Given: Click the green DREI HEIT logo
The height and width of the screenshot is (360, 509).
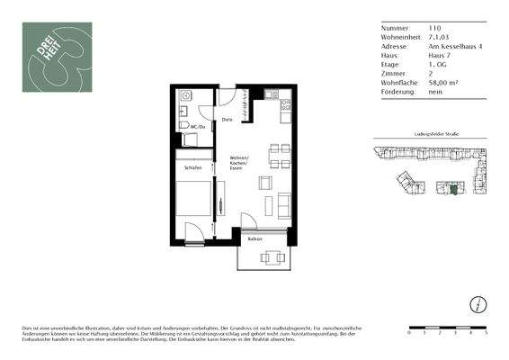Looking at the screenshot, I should [57, 56].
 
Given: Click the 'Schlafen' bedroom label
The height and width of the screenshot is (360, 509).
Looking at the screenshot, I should [192, 167].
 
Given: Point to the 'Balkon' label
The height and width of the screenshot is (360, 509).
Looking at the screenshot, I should [255, 239].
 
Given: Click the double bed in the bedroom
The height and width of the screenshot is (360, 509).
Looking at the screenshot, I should [193, 200].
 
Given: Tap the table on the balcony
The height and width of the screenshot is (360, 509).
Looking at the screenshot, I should [271, 257].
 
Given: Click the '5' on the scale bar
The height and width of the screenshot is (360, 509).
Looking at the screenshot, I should [485, 333].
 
